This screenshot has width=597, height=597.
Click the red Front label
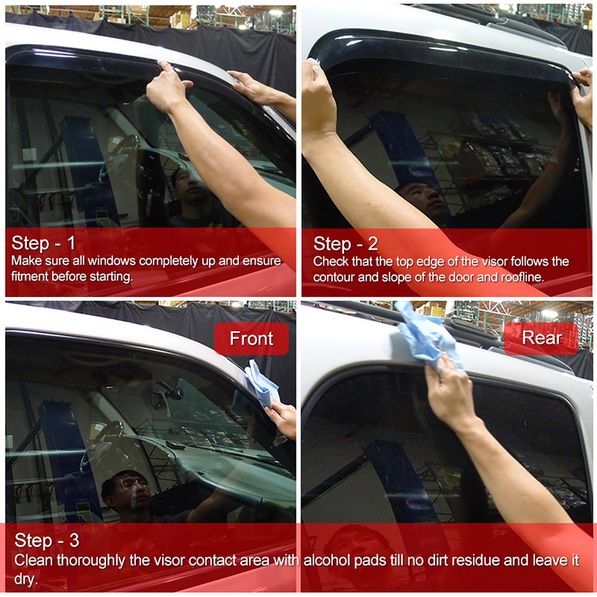[x=251, y=339]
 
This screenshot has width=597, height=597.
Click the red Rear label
[x=541, y=338]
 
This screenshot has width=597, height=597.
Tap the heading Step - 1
[x=43, y=243]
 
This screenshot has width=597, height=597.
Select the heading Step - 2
[x=345, y=244]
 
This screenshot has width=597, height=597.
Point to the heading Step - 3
[x=47, y=540]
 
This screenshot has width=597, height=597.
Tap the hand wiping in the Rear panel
[x=446, y=394]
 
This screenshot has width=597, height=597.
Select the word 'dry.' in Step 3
[x=26, y=579]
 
